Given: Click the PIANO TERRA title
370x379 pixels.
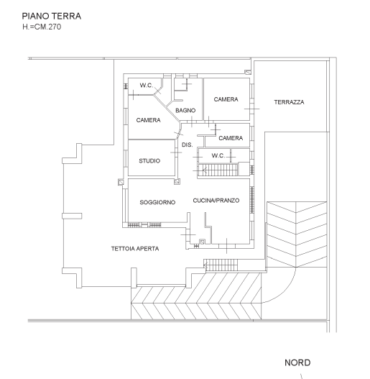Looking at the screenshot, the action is [52, 17].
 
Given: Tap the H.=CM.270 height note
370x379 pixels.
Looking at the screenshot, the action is [42, 27].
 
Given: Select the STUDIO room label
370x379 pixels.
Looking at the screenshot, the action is [149, 161].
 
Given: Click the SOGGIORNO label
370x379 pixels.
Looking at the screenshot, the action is [157, 202].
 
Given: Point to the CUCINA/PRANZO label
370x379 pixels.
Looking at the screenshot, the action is [216, 201].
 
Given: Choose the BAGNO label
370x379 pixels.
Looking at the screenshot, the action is [185, 111].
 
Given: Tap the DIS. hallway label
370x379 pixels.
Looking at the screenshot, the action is [188, 145].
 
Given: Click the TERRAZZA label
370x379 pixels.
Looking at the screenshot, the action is [289, 102].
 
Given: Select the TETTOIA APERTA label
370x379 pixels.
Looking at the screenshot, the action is [135, 249].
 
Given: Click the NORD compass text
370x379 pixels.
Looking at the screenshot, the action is [297, 362].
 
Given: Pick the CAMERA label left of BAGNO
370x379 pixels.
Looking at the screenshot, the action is [148, 120].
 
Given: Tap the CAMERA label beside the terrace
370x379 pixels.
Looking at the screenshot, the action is [226, 99].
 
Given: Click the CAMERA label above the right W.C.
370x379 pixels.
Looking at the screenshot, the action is [231, 138].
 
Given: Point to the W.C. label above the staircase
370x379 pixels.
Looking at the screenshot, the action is [218, 155].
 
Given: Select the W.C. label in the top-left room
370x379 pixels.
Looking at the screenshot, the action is [147, 85].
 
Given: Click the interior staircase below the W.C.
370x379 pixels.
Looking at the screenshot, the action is [218, 170].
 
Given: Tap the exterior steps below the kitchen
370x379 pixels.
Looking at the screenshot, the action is [221, 265].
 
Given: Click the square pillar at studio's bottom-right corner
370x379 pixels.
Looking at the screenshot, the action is [177, 181].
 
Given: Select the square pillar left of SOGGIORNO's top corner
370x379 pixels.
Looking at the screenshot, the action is [121, 182].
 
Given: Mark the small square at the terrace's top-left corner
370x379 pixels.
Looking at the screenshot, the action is [248, 72].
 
